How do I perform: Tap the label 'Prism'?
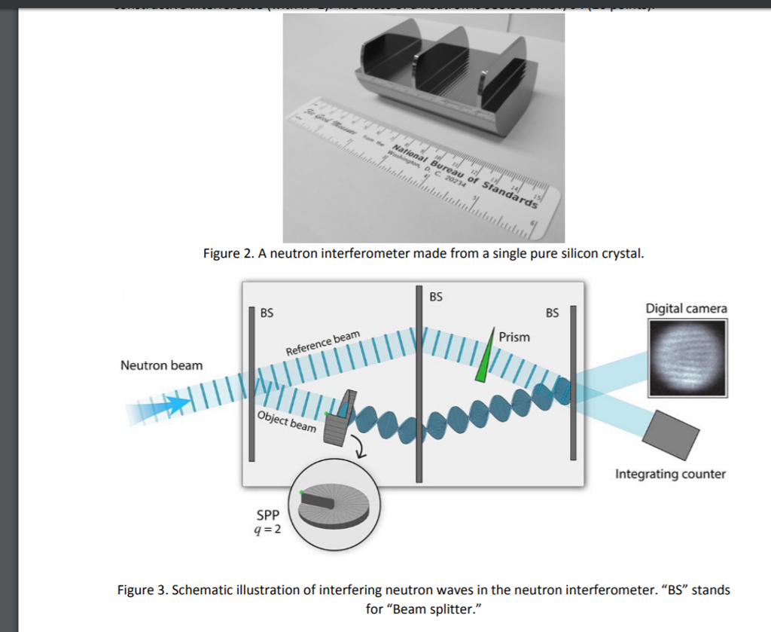click(514, 337)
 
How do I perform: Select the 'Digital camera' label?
click(686, 308)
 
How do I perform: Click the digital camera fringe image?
click(687, 357)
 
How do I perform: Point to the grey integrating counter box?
click(672, 434)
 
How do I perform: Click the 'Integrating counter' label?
click(670, 474)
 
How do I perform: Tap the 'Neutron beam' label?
click(161, 365)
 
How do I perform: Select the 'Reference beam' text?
click(323, 343)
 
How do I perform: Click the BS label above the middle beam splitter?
click(436, 297)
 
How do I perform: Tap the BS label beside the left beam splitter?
click(267, 313)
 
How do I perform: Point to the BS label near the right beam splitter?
click(552, 313)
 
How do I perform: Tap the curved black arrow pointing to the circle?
click(360, 450)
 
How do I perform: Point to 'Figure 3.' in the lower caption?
click(142, 590)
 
